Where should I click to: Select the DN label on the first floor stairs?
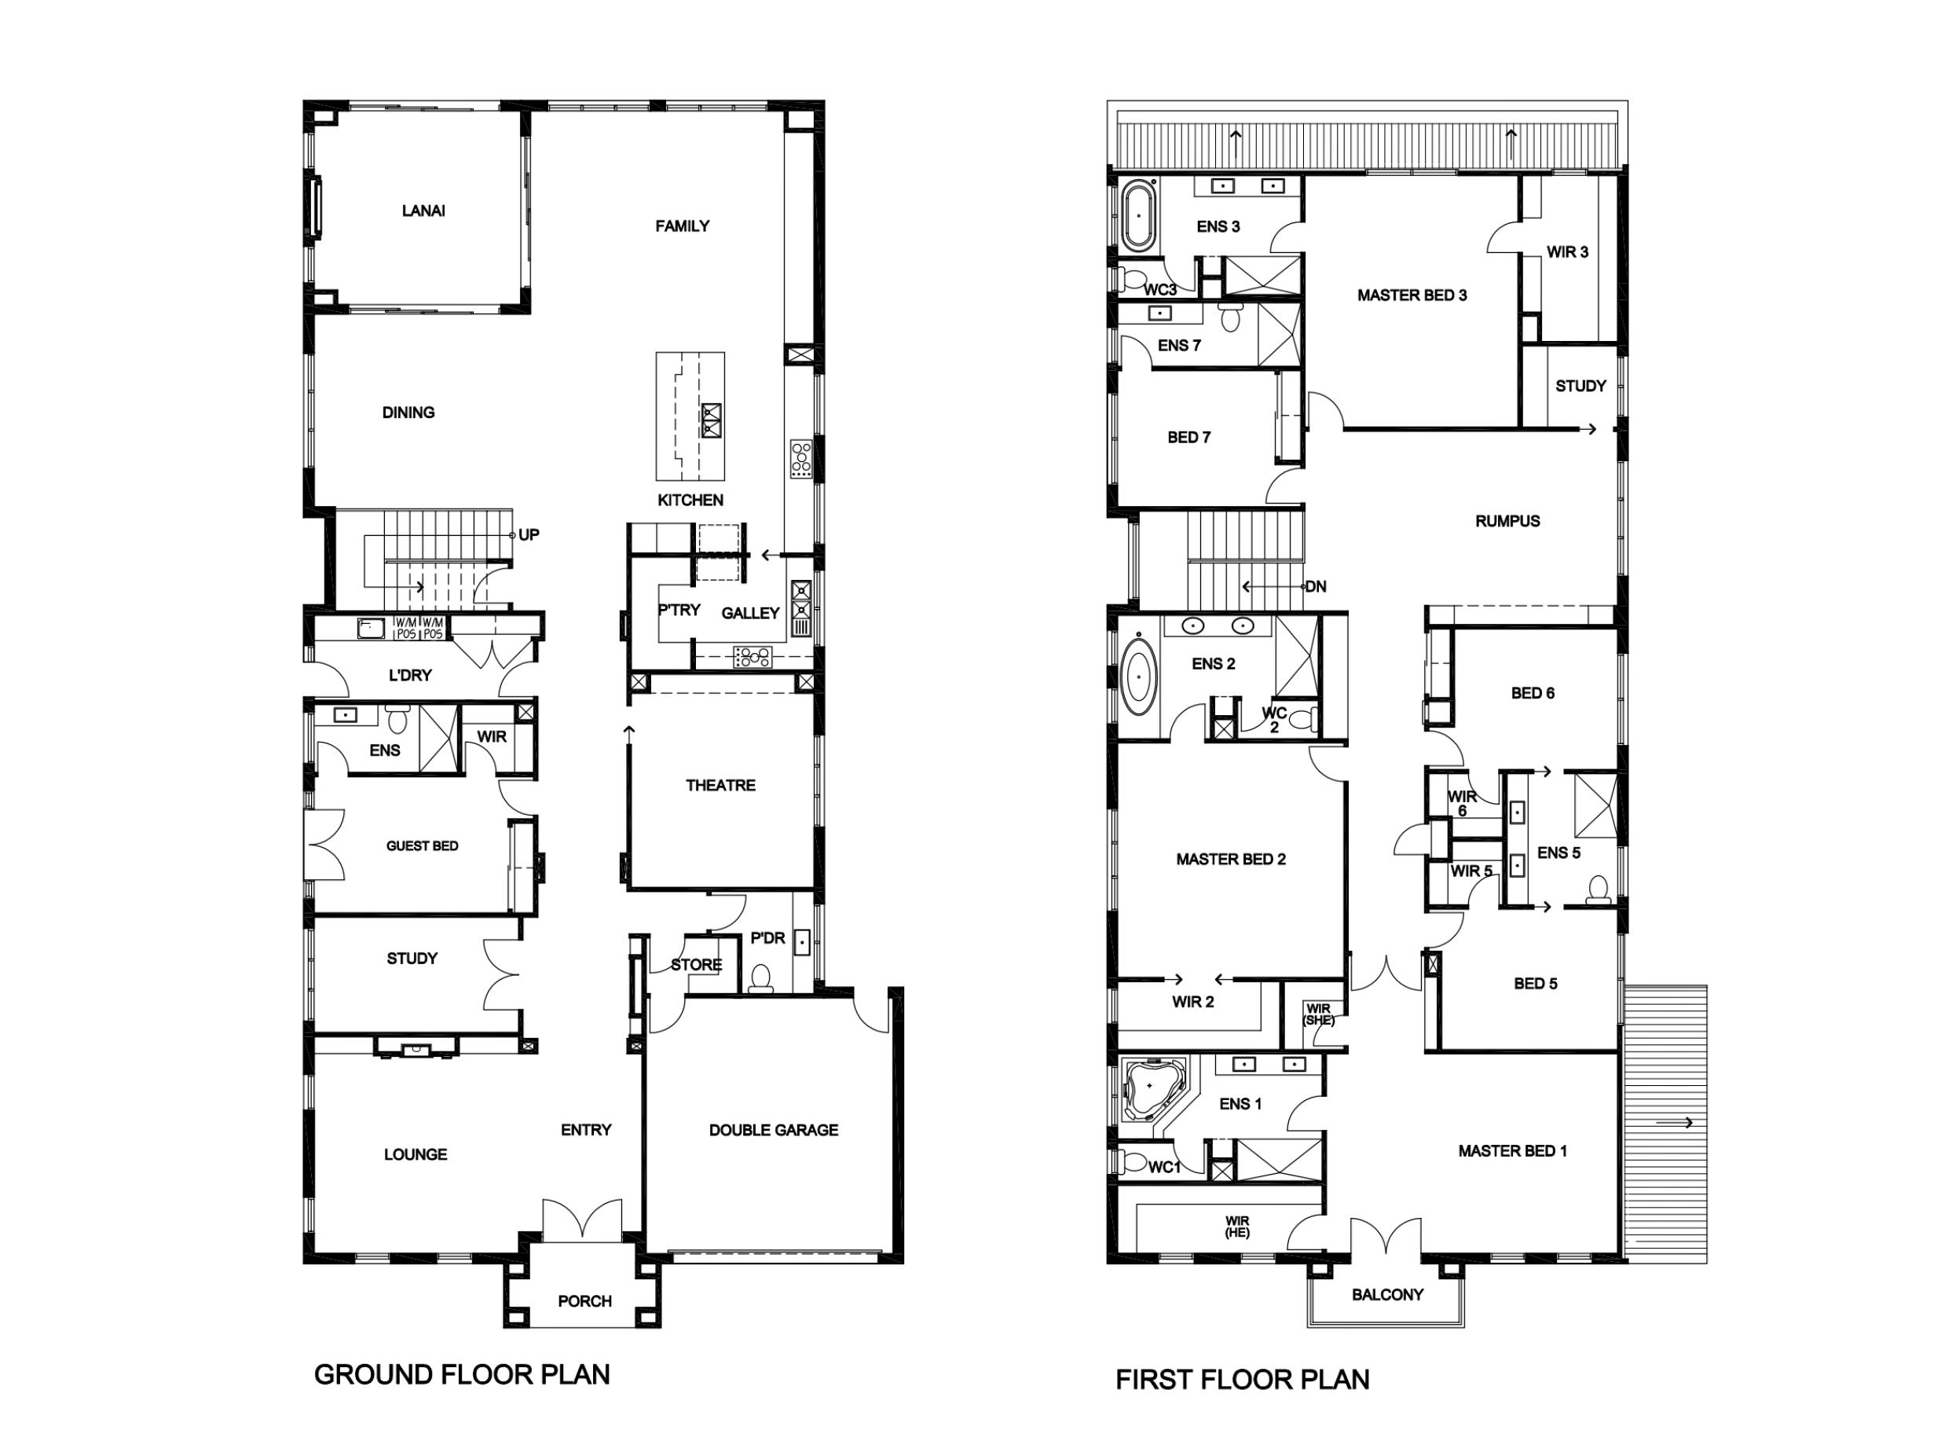click(x=1316, y=586)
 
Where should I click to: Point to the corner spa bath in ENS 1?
click(x=1151, y=1089)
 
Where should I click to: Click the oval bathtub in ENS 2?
click(x=1140, y=677)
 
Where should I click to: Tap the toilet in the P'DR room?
click(x=761, y=977)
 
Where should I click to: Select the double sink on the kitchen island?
click(x=710, y=421)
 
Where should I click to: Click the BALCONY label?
click(x=1386, y=1294)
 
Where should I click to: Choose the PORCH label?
click(x=584, y=1300)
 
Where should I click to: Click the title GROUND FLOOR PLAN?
click(x=462, y=1374)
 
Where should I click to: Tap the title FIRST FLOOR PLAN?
click(x=1242, y=1380)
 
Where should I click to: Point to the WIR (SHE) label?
click(x=1318, y=1014)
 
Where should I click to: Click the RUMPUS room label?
click(x=1507, y=521)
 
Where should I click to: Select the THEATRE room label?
click(x=720, y=786)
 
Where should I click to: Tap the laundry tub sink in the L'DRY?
click(x=370, y=629)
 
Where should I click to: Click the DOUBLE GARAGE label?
click(x=773, y=1131)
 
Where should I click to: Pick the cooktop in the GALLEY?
click(x=752, y=655)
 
